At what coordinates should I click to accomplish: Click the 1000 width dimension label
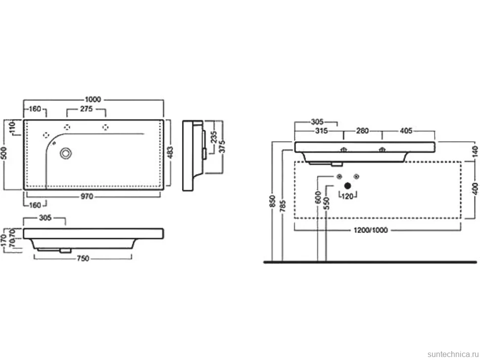(x=93, y=99)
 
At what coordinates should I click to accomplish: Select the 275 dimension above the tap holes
(x=86, y=109)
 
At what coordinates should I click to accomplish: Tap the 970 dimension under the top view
(x=87, y=196)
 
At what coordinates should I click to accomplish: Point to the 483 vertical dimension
(x=170, y=152)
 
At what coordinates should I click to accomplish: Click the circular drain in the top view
(x=66, y=153)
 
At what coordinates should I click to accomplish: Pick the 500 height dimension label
(x=3, y=153)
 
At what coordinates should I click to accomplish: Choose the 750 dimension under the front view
(x=83, y=259)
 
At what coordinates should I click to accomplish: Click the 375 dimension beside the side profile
(x=223, y=146)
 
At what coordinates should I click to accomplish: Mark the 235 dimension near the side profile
(x=214, y=137)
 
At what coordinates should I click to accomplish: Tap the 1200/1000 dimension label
(x=371, y=230)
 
